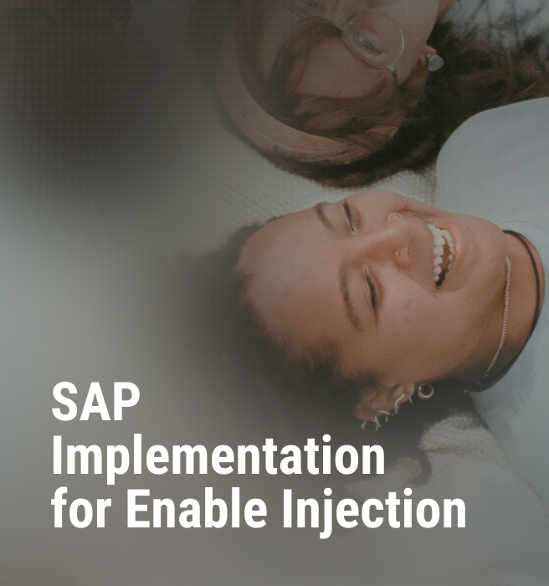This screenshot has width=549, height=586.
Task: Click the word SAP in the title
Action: coord(95,402)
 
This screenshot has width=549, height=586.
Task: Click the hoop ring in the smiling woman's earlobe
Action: coord(425,391)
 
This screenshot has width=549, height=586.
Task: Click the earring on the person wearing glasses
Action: coord(435,63)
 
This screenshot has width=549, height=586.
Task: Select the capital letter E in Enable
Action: coord(138,508)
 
